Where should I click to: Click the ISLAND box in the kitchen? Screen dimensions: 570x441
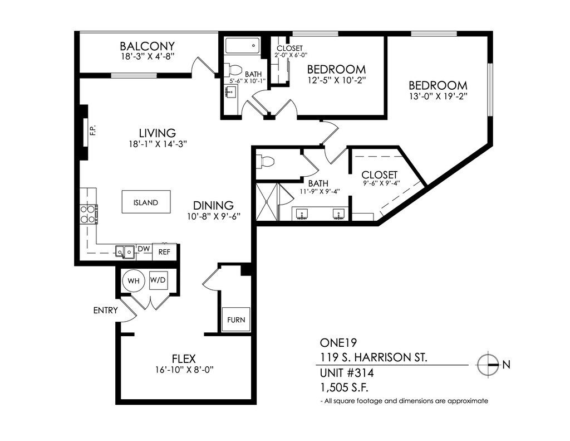[x=146, y=202]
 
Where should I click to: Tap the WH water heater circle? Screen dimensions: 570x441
[x=134, y=281]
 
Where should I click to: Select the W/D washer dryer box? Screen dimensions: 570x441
[x=158, y=280]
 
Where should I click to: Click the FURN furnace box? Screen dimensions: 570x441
[x=236, y=319]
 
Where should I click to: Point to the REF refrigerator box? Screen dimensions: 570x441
[x=164, y=251]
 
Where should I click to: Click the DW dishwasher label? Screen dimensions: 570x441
[x=144, y=249]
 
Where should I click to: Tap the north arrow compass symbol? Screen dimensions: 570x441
[x=488, y=364]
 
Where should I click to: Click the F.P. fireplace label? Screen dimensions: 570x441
[x=93, y=130]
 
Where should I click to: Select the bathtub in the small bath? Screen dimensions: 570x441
[x=242, y=46]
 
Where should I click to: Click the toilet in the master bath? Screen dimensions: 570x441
[x=264, y=161]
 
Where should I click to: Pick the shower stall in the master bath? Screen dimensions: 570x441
[x=267, y=202]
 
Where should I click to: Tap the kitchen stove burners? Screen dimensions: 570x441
[x=89, y=214]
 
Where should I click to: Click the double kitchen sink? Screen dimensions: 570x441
[x=124, y=251]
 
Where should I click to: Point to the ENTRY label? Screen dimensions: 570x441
[x=106, y=311]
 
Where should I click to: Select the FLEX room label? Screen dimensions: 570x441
[x=184, y=358]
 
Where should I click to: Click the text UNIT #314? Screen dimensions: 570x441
[x=346, y=373]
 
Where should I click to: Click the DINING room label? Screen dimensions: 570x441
[x=213, y=205]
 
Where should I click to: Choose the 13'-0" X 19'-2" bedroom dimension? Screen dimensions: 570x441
[x=438, y=96]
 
